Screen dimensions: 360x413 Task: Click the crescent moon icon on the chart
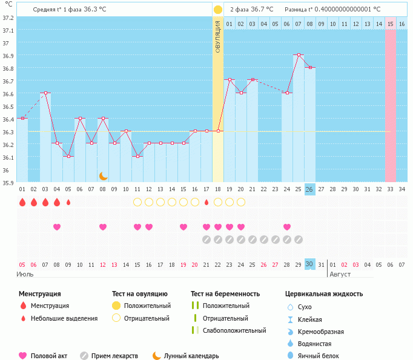(104, 175)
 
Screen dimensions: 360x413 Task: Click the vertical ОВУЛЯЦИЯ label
(218, 36)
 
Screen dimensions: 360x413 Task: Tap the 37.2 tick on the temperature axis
(8, 18)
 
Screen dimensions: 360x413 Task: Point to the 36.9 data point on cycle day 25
(299, 55)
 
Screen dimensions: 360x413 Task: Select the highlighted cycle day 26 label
(309, 189)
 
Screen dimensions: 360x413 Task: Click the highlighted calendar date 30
(309, 264)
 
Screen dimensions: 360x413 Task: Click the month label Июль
(25, 274)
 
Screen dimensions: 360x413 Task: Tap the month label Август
(340, 274)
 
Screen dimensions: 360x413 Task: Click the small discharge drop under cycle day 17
(206, 202)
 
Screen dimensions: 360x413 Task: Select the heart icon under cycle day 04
(57, 227)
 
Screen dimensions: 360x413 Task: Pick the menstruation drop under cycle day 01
(22, 202)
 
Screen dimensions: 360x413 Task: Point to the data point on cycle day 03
(45, 93)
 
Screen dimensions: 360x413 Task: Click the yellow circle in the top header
(218, 10)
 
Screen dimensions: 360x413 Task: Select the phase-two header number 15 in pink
(391, 24)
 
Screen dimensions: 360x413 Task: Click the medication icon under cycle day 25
(299, 240)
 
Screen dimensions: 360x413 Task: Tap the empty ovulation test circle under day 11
(137, 202)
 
